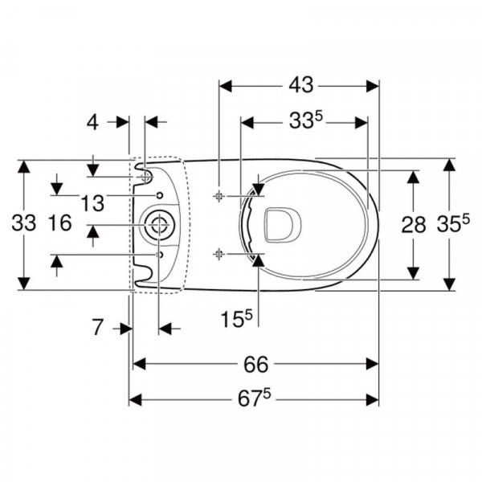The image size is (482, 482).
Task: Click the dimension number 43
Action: point(301,85)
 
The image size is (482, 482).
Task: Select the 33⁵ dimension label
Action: point(305,120)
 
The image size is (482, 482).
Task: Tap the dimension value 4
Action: point(92,122)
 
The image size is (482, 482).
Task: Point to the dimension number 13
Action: point(92,203)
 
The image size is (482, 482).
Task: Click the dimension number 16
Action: point(60,223)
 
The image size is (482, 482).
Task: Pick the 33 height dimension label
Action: point(24,223)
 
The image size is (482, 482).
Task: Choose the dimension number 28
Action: point(414,224)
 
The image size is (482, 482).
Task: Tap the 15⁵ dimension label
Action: point(236,318)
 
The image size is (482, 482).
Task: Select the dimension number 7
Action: point(97,328)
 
